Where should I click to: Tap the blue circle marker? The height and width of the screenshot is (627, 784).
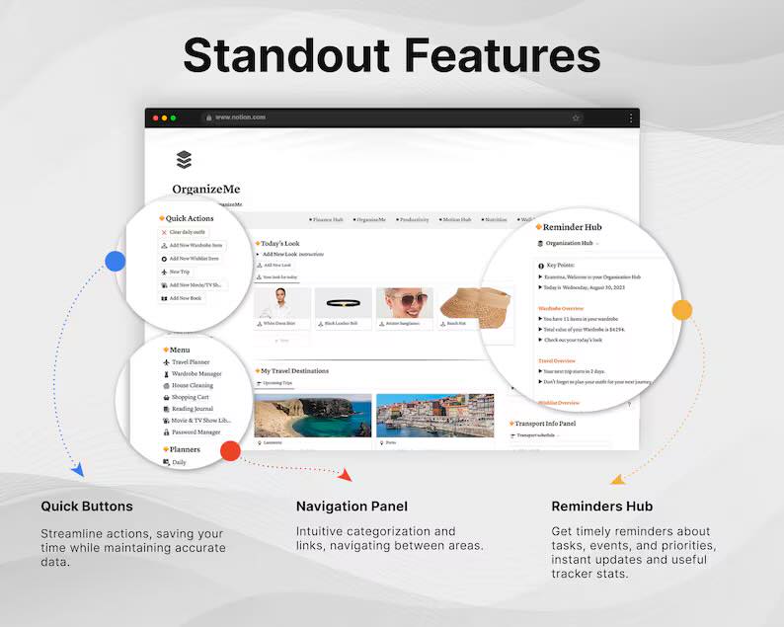(x=116, y=262)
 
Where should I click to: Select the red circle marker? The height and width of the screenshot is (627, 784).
(x=230, y=451)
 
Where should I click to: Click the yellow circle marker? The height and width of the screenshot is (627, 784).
(x=682, y=310)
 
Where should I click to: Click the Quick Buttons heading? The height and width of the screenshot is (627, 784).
(x=87, y=507)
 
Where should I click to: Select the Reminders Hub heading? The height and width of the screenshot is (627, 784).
(x=601, y=507)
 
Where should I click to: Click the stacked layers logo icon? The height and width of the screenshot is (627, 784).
(x=184, y=160)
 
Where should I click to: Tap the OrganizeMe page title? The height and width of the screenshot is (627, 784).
(x=205, y=189)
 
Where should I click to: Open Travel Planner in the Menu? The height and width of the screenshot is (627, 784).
(x=190, y=362)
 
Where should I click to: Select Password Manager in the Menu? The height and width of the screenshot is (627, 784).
(x=196, y=431)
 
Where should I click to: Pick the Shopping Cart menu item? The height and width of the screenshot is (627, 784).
(x=190, y=397)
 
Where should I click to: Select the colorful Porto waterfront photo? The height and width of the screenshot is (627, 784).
(x=434, y=415)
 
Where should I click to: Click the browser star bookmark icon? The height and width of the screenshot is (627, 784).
(x=576, y=118)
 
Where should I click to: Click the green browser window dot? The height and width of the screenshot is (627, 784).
(x=174, y=118)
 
